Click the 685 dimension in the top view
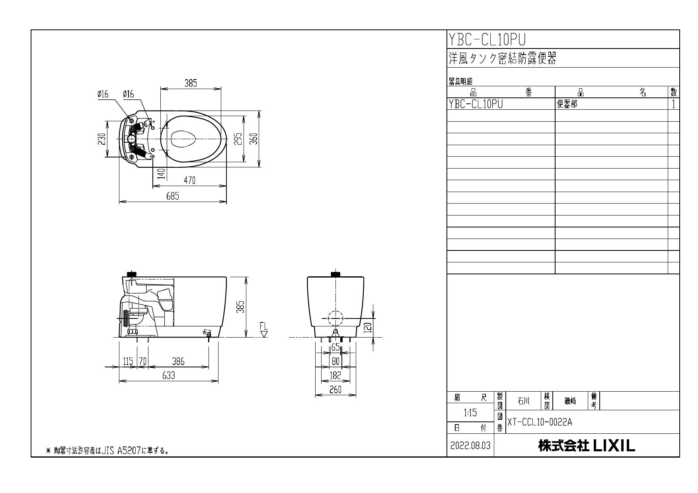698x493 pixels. pyautogui.click(x=172, y=196)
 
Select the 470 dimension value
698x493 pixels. pyautogui.click(x=189, y=181)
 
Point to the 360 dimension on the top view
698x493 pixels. pyautogui.click(x=254, y=139)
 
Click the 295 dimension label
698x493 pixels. pyautogui.click(x=238, y=139)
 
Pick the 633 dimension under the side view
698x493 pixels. pyautogui.click(x=168, y=376)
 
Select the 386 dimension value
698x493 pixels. pyautogui.click(x=178, y=361)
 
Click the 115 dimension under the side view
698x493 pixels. pyautogui.click(x=128, y=361)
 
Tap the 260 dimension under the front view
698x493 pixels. pyautogui.click(x=335, y=390)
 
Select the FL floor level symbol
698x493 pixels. pyautogui.click(x=264, y=330)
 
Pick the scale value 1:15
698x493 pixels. pyautogui.click(x=470, y=413)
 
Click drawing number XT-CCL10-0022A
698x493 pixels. pyautogui.click(x=539, y=422)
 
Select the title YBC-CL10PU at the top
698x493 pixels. pyautogui.click(x=487, y=40)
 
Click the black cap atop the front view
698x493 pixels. pyautogui.click(x=336, y=274)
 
